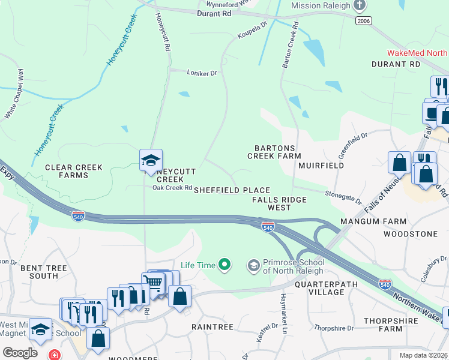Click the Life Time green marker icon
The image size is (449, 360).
[x=224, y=264]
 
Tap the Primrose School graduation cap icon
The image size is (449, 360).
[x=254, y=265]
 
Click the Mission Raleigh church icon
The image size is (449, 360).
[x=360, y=5]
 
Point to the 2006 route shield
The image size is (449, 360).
[x=363, y=21]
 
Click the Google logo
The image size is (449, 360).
[x=20, y=353]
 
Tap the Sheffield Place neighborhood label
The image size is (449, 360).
[x=232, y=190]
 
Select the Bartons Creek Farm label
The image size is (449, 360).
[x=274, y=152]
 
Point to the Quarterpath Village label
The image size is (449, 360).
[x=319, y=288]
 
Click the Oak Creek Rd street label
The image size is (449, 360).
[x=172, y=188]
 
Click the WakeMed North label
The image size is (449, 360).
[x=417, y=53]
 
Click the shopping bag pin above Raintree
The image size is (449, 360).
[x=179, y=296]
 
